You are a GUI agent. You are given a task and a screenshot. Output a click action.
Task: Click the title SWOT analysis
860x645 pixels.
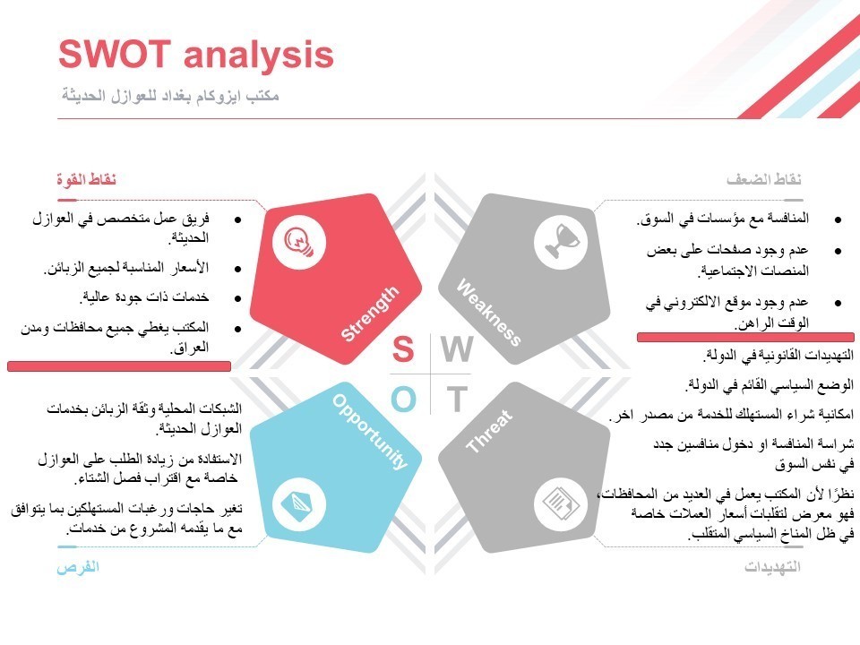coord(195,56)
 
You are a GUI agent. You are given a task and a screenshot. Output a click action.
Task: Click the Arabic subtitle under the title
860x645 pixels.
coord(170,95)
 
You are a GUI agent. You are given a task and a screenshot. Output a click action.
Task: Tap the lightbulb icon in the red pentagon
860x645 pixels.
coord(298,242)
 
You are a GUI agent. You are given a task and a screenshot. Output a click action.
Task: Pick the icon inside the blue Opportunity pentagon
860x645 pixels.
coord(298,503)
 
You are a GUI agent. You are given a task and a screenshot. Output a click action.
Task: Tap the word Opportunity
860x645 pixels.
coord(370,431)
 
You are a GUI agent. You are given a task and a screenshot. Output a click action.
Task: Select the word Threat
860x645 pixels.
coord(489,431)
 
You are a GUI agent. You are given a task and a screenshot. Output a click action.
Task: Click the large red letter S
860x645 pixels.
coord(403,350)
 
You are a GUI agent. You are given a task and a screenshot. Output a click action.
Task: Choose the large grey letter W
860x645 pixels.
coord(456,350)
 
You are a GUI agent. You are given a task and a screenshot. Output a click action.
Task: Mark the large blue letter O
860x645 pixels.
coord(403,400)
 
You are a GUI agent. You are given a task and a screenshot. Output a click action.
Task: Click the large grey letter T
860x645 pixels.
coord(457,400)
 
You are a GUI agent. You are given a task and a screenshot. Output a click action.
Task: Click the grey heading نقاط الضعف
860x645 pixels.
coord(763,180)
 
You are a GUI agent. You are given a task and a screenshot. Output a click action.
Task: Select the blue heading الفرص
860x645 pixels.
coord(78,567)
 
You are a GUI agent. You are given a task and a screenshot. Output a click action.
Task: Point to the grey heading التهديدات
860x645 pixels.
coord(772,567)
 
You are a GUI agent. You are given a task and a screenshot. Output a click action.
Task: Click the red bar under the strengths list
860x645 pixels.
coord(119,366)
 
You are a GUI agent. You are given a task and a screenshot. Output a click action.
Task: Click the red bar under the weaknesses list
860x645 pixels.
coord(745,337)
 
